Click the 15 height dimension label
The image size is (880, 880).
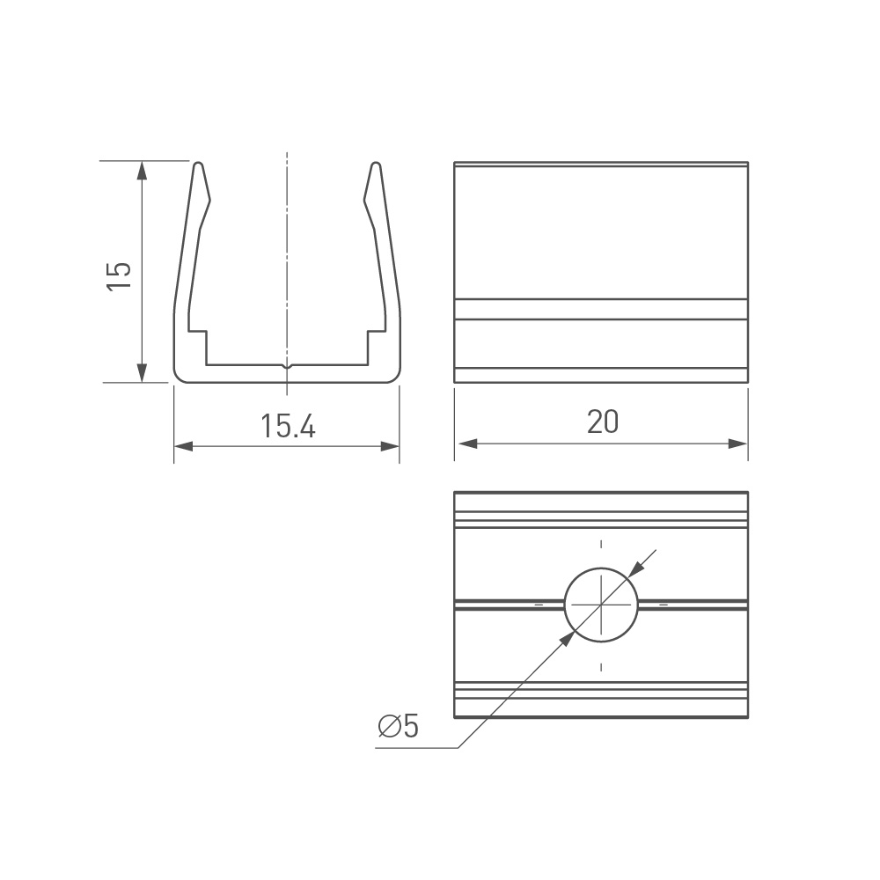pyautogui.click(x=120, y=275)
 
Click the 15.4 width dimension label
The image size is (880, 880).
pyautogui.click(x=288, y=426)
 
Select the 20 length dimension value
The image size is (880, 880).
pyautogui.click(x=603, y=422)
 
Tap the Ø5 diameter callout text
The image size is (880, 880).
pyautogui.click(x=399, y=726)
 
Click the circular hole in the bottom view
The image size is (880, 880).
pyautogui.click(x=601, y=605)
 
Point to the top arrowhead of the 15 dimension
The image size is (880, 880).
pyautogui.click(x=142, y=171)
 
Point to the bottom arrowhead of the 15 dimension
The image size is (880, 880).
pyautogui.click(x=142, y=372)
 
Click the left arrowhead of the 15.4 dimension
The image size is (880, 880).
pyautogui.click(x=184, y=446)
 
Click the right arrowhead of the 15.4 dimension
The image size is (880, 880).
pyautogui.click(x=390, y=446)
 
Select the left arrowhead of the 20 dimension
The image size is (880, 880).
pyautogui.click(x=467, y=444)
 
